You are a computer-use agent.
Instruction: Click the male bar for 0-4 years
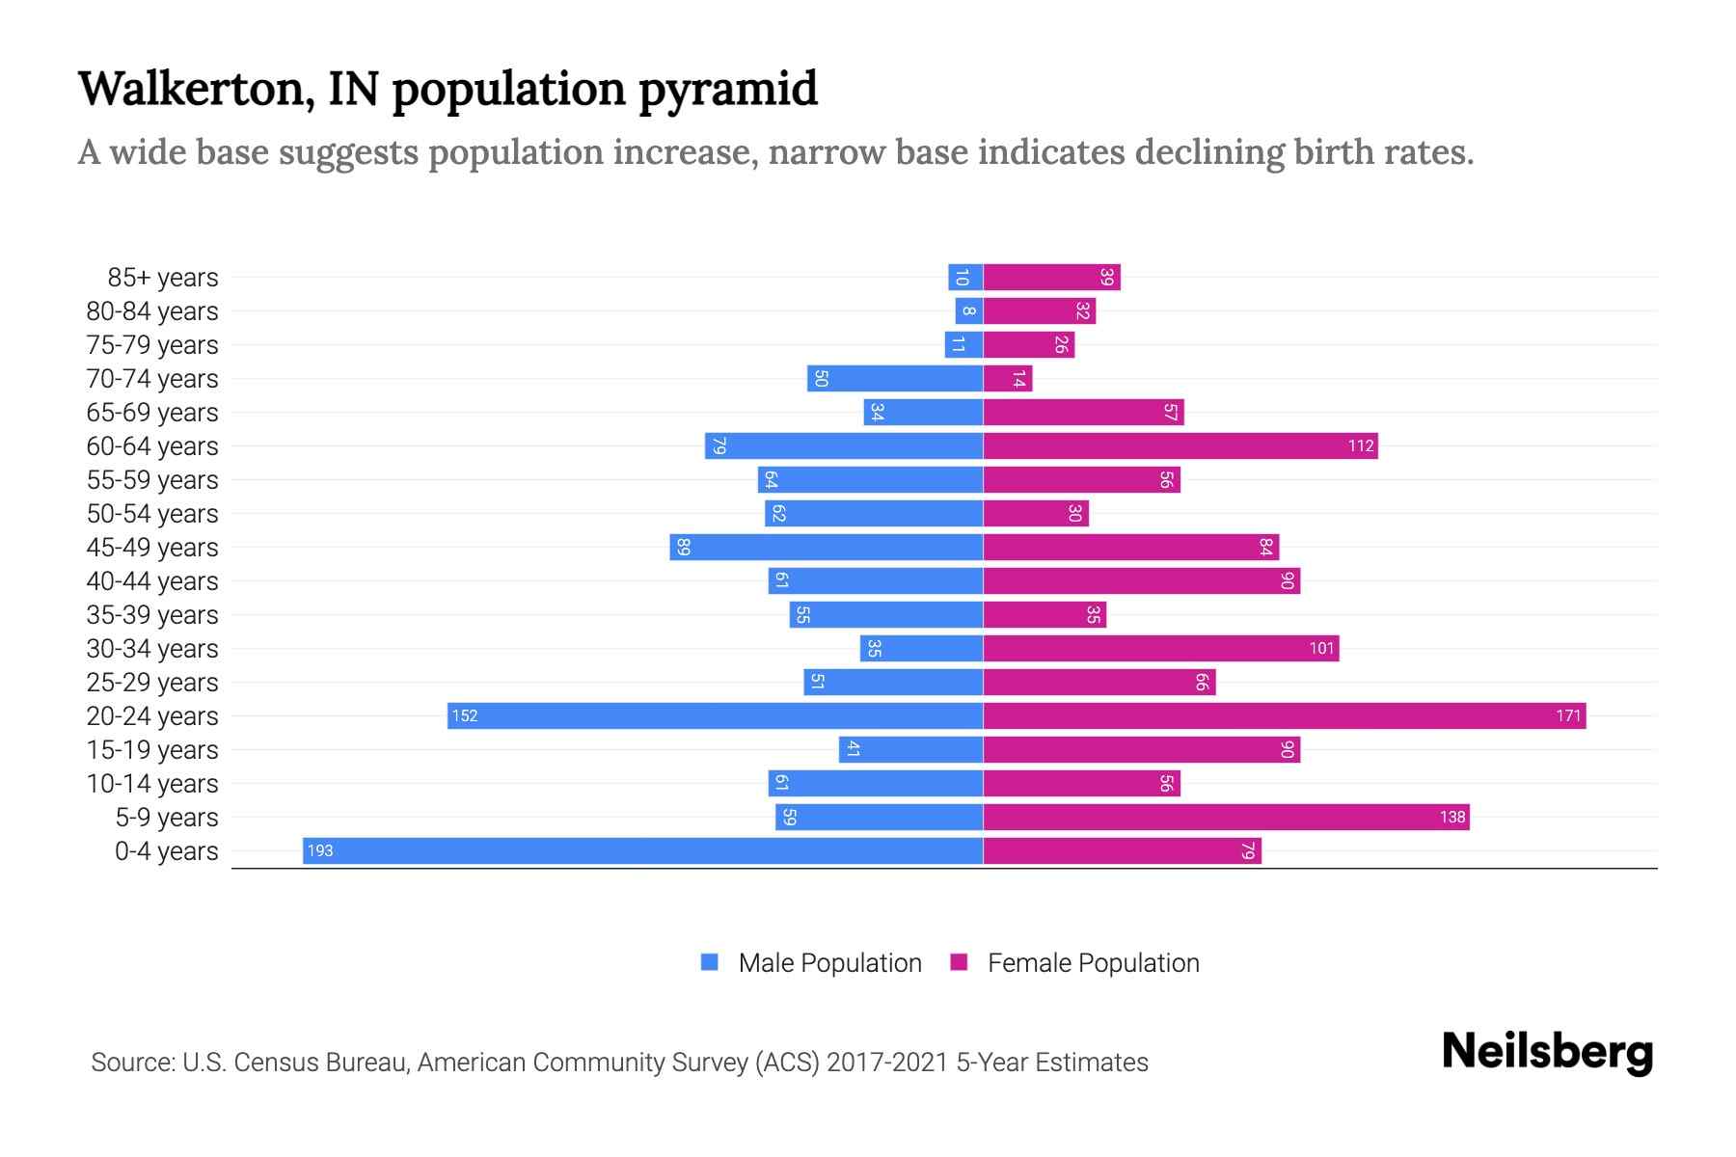pyautogui.click(x=642, y=850)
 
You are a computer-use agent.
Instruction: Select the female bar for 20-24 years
pyautogui.click(x=1284, y=715)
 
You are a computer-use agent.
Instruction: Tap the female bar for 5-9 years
pyautogui.click(x=1226, y=817)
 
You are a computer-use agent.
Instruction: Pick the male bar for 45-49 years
pyautogui.click(x=827, y=547)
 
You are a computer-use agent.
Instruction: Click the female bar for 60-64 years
pyautogui.click(x=1180, y=445)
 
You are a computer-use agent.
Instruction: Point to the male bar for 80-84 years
pyautogui.click(x=969, y=310)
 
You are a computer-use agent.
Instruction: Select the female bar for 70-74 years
pyautogui.click(x=1008, y=378)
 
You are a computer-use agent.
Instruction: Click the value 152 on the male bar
pyautogui.click(x=465, y=715)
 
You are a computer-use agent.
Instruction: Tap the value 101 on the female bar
pyautogui.click(x=1321, y=648)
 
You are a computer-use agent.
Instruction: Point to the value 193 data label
pyautogui.click(x=319, y=850)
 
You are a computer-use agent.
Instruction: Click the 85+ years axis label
pyautogui.click(x=163, y=278)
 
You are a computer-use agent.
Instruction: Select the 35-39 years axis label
pyautogui.click(x=152, y=615)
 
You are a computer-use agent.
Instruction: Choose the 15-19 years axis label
pyautogui.click(x=152, y=750)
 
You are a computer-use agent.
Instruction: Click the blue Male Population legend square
pyautogui.click(x=710, y=962)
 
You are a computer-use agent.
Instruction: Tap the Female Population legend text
pyautogui.click(x=1093, y=963)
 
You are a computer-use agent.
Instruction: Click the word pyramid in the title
pyautogui.click(x=728, y=90)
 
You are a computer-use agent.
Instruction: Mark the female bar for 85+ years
pyautogui.click(x=1051, y=277)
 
